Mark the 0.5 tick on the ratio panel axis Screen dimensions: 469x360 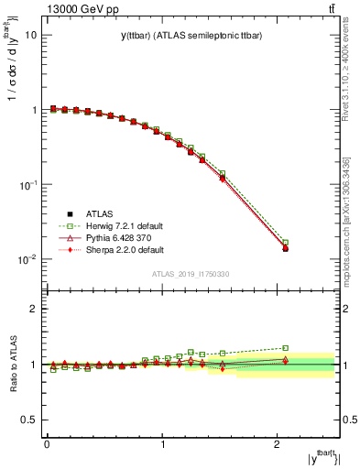coord(27,420)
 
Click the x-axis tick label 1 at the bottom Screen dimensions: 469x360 coord(163,443)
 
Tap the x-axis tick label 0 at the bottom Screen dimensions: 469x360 coord(47,443)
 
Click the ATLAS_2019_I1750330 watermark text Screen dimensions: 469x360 coord(191,273)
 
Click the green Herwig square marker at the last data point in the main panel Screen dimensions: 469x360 coord(285,243)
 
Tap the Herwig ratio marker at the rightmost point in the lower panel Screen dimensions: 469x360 coord(285,348)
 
